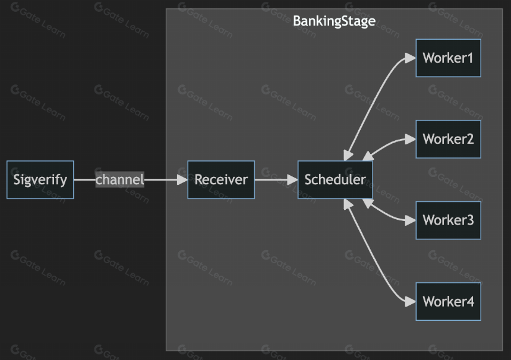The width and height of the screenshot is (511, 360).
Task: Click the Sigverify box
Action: pyautogui.click(x=40, y=179)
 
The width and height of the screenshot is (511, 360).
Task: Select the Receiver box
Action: pyautogui.click(x=221, y=179)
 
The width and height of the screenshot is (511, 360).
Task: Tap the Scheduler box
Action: pyautogui.click(x=335, y=179)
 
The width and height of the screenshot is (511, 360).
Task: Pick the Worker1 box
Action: pyautogui.click(x=448, y=58)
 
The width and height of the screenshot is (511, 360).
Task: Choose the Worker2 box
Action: pyautogui.click(x=448, y=139)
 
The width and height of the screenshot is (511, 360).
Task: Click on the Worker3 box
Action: pyautogui.click(x=448, y=220)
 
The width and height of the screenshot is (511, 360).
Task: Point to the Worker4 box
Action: pyautogui.click(x=448, y=301)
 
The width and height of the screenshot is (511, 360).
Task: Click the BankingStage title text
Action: pyautogui.click(x=334, y=21)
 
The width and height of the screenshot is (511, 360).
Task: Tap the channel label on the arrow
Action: pyautogui.click(x=119, y=179)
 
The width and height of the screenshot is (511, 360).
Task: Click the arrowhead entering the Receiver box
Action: pyautogui.click(x=182, y=179)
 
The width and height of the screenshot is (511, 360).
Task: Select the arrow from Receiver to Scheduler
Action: pyautogui.click(x=276, y=179)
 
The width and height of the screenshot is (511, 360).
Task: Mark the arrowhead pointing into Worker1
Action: pyautogui.click(x=411, y=58)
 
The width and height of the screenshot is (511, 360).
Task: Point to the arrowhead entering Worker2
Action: pyautogui.click(x=411, y=140)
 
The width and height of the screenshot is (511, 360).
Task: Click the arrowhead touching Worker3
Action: pyautogui.click(x=411, y=220)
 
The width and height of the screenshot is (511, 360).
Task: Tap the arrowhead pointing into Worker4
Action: pyautogui.click(x=411, y=302)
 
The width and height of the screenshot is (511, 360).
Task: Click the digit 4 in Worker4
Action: pyautogui.click(x=469, y=302)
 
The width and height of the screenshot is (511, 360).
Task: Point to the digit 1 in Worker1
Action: pyautogui.click(x=469, y=58)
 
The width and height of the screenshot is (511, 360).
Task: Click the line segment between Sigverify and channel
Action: pyautogui.click(x=85, y=179)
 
